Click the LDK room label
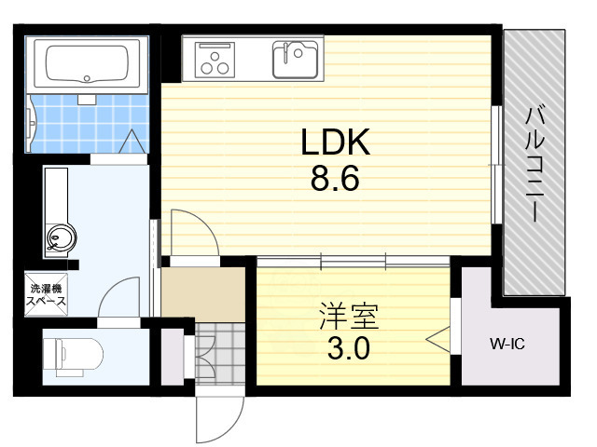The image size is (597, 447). tap(335, 142)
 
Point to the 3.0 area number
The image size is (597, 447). tap(349, 350)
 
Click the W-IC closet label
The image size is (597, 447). tap(507, 345)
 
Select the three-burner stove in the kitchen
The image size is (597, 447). tap(215, 60)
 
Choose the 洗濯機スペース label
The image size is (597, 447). tap(45, 296)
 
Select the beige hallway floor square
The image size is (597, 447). tap(202, 292)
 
